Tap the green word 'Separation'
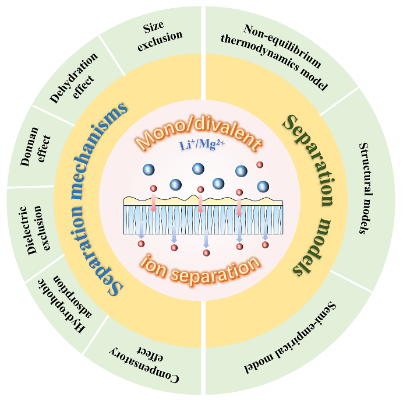coord(309,157)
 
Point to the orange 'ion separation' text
coord(201,266)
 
